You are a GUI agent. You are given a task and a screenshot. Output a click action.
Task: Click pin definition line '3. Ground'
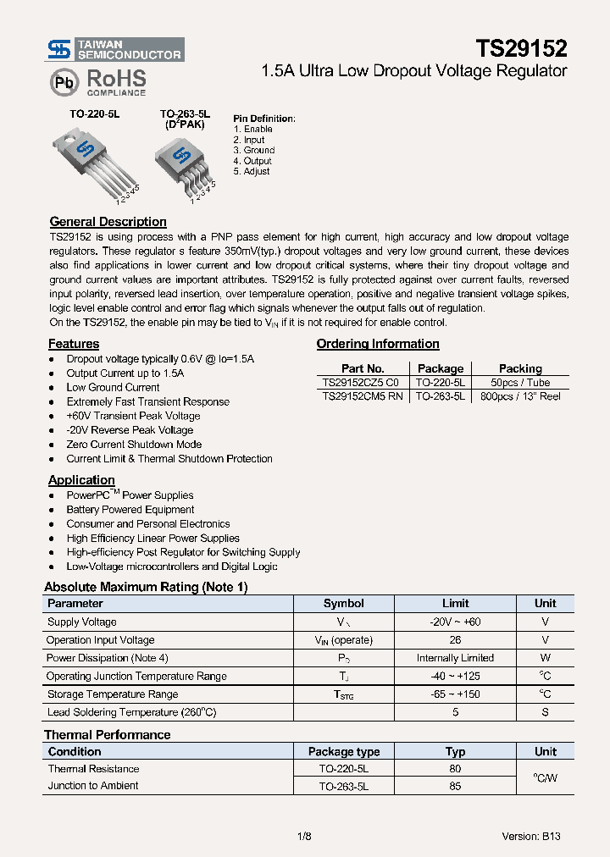[254, 150]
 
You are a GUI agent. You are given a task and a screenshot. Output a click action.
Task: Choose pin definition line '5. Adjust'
[252, 171]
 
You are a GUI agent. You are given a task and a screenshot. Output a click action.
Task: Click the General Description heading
[108, 222]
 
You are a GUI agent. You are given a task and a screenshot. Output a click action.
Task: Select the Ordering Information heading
[378, 344]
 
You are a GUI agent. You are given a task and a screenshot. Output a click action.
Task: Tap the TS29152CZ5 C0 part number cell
[362, 383]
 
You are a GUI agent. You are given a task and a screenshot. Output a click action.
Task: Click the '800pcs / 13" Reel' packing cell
[520, 396]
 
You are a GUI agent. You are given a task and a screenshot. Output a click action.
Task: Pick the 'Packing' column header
[520, 368]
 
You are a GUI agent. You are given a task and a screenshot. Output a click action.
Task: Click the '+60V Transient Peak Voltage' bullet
[133, 416]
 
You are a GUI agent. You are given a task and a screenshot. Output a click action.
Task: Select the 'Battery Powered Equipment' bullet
[130, 510]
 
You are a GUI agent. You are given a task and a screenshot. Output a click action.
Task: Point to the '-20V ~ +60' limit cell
[455, 622]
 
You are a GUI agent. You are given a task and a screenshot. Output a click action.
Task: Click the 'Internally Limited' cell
[455, 658]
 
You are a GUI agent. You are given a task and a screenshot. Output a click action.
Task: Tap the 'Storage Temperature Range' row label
[113, 694]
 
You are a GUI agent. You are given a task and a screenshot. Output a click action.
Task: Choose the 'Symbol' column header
[344, 604]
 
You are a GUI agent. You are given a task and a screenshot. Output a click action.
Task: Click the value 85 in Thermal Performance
[455, 786]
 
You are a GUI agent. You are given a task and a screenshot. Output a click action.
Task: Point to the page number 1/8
[304, 836]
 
